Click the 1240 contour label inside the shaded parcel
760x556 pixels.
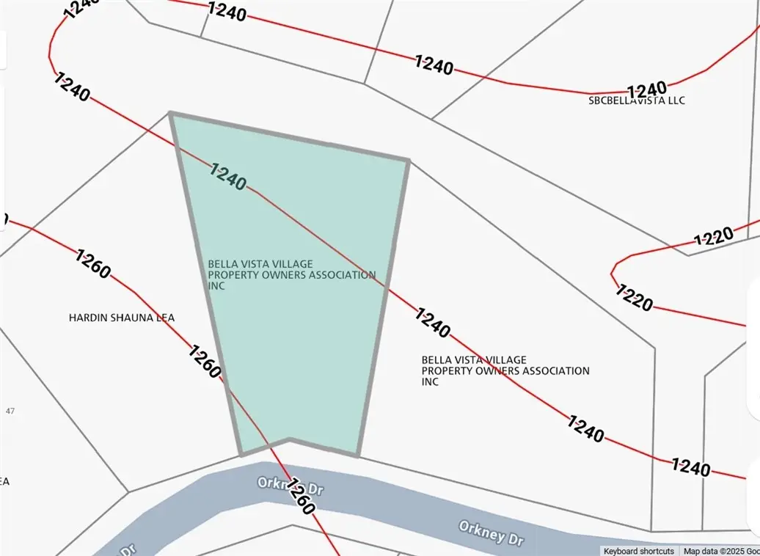228,177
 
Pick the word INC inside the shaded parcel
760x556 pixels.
216,286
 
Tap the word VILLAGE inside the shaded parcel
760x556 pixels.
291,264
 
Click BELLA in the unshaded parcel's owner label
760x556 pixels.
436,360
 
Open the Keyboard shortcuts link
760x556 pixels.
638,551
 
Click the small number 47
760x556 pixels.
10,411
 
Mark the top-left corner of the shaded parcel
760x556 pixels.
170,113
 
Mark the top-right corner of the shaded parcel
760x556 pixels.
408,159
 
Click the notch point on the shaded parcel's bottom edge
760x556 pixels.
290,439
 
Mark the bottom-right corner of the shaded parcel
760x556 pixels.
358,456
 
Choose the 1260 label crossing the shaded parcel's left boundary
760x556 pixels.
205,362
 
